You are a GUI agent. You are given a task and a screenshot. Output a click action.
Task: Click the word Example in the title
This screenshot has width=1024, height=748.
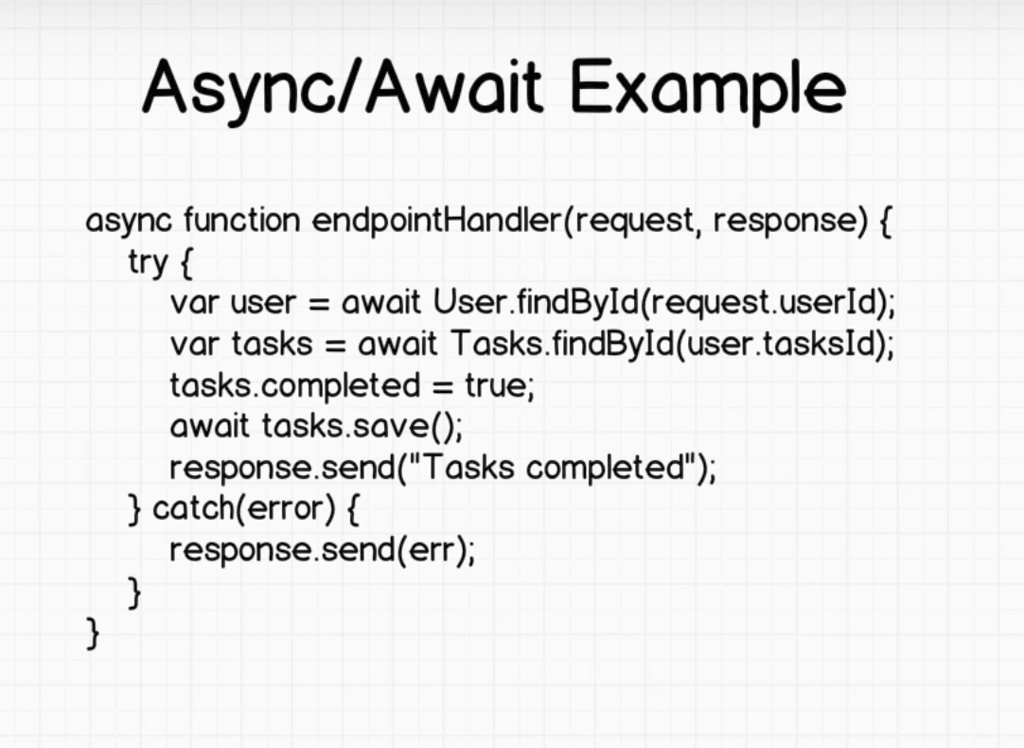click(709, 89)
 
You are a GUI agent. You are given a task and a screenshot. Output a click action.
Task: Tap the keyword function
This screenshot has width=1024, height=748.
click(241, 220)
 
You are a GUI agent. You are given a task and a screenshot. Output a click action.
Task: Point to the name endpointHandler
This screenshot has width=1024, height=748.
click(437, 220)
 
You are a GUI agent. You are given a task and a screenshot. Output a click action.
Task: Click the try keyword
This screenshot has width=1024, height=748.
click(149, 262)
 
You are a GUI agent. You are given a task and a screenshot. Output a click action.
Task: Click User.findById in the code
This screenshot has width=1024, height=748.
click(536, 302)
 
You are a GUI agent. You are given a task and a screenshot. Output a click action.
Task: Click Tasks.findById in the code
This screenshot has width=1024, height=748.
click(562, 344)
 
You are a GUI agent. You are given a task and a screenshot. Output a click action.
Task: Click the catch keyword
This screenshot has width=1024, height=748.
click(194, 508)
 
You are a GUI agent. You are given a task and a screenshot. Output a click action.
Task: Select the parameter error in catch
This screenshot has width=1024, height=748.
click(286, 509)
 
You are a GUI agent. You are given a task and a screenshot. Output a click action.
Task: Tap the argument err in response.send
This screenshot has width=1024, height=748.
click(430, 550)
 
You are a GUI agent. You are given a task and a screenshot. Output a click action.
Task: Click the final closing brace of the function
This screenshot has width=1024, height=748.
click(93, 633)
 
